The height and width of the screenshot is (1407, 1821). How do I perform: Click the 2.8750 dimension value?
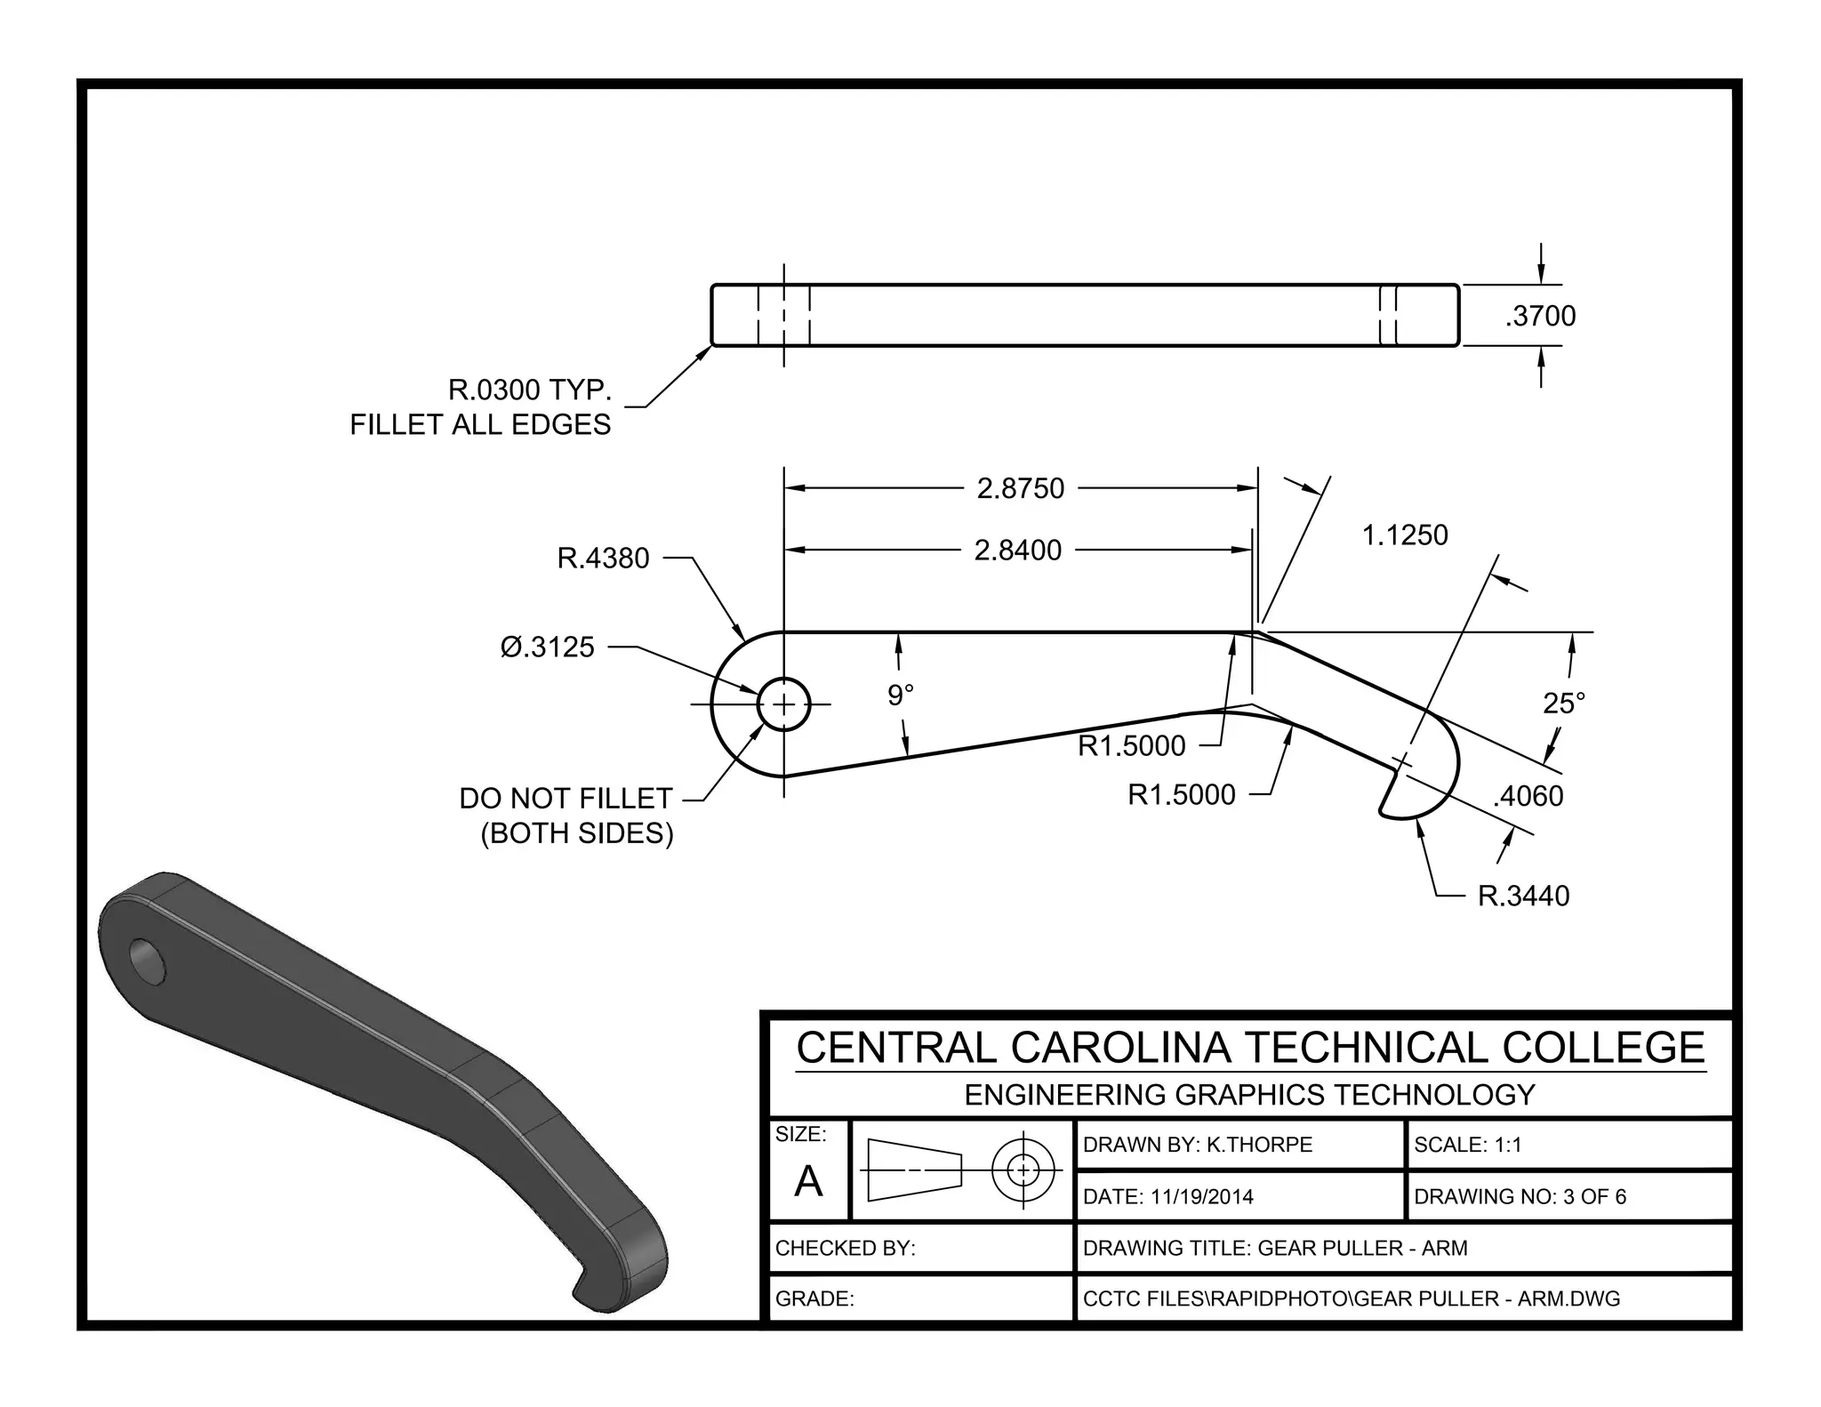click(x=1020, y=488)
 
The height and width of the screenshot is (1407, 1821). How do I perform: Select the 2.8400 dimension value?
click(x=1017, y=551)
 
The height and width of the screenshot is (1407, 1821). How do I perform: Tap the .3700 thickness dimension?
click(x=1540, y=316)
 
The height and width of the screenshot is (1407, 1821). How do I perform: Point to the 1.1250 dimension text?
click(x=1405, y=535)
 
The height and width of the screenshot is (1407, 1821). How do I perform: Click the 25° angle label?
click(x=1564, y=703)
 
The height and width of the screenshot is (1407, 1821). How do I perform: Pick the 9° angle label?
click(x=900, y=695)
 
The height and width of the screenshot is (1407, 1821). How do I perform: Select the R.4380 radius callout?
click(x=603, y=559)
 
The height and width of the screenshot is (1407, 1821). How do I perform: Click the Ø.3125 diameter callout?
click(x=547, y=647)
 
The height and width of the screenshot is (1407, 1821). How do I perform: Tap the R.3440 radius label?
click(x=1523, y=896)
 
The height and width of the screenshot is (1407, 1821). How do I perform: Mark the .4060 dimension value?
click(x=1528, y=796)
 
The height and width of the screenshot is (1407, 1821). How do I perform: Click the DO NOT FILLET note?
click(x=566, y=799)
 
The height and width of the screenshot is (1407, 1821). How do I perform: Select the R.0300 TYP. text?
click(x=529, y=390)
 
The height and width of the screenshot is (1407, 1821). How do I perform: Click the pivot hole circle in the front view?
click(x=783, y=704)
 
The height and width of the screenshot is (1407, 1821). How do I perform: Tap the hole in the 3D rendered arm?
click(x=148, y=961)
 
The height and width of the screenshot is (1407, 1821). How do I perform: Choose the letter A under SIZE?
click(x=808, y=1181)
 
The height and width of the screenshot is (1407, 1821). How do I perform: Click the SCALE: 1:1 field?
click(x=1467, y=1145)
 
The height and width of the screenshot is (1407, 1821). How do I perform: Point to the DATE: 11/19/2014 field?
click(x=1167, y=1196)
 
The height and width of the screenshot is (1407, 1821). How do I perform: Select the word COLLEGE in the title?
click(x=1603, y=1047)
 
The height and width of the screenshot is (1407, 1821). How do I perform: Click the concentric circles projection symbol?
click(x=1023, y=1169)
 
